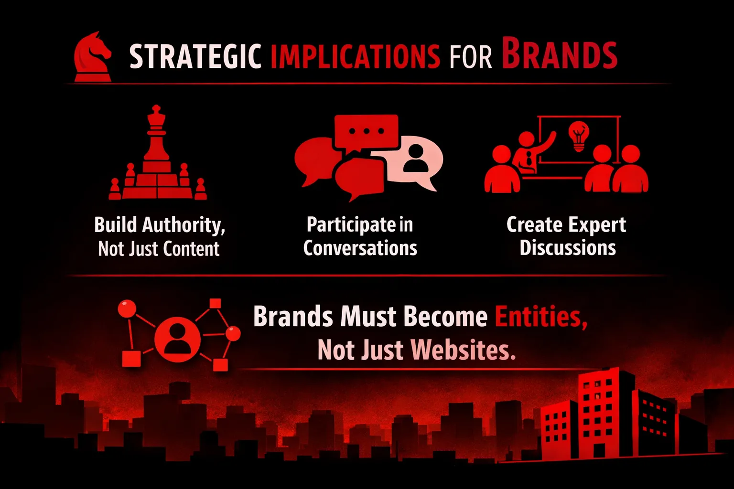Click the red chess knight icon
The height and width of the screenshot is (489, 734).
click(93, 57)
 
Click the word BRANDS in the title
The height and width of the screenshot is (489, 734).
click(560, 53)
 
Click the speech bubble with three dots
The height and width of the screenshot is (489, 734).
click(367, 133)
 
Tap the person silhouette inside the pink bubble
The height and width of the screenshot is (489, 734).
click(416, 158)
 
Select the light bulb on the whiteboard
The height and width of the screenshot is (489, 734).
click(579, 136)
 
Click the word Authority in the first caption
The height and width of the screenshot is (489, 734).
click(184, 225)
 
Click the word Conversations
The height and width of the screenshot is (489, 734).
click(360, 248)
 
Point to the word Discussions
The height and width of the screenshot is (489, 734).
click(568, 248)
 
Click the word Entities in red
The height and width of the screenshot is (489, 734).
click(541, 317)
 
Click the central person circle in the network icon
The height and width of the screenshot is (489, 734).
click(177, 339)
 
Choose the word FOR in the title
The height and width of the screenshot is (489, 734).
click(471, 57)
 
